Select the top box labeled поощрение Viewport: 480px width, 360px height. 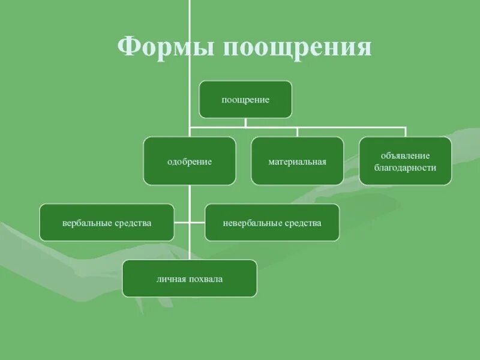(245, 100)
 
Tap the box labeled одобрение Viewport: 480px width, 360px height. (190, 161)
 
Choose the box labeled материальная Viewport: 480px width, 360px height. (298, 161)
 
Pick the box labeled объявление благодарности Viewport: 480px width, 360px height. (406, 161)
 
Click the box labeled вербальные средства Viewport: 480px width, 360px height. (107, 223)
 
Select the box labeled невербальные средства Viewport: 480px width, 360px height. (272, 223)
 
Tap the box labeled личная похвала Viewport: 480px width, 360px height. (190, 278)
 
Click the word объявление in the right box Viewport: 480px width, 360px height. (406, 155)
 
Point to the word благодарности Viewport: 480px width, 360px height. (406, 168)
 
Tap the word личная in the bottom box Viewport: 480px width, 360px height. (172, 278)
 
